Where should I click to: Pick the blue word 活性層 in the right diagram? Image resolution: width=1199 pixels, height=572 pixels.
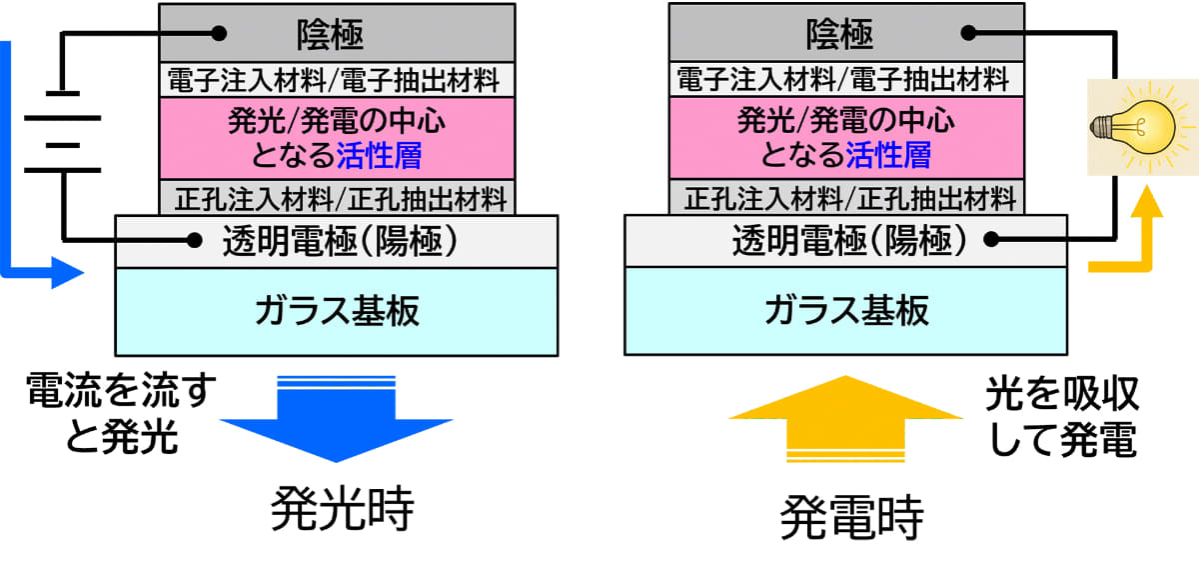[888, 156]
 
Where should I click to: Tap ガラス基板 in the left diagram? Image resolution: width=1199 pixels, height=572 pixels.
[337, 311]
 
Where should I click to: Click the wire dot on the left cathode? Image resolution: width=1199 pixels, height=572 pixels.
[214, 32]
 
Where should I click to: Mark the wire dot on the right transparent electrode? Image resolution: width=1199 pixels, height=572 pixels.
[989, 239]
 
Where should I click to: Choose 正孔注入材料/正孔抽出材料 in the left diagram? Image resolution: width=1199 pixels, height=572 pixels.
[338, 197]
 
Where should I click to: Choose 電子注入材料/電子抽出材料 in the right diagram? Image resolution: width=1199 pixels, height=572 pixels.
[842, 78]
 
